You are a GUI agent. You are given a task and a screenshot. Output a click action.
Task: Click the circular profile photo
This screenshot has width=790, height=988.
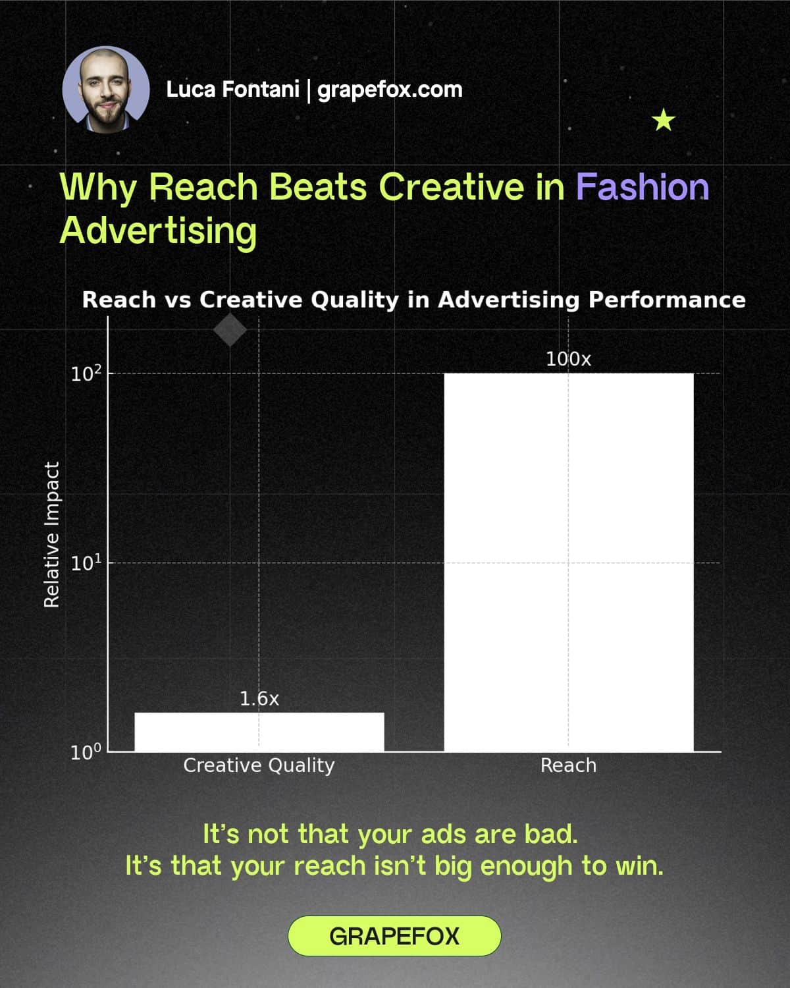click(105, 90)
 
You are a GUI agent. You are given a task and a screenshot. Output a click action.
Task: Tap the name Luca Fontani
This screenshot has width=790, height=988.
click(232, 89)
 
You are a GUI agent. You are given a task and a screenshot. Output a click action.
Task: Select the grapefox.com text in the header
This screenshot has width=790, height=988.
click(390, 89)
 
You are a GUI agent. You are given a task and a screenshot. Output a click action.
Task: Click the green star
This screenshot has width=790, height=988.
click(663, 121)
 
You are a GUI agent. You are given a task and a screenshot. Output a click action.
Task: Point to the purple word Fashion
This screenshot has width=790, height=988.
click(642, 187)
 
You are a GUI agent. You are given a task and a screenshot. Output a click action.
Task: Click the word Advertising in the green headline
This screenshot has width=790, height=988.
click(158, 231)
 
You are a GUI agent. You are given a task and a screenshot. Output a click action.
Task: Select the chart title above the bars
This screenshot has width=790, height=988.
click(413, 300)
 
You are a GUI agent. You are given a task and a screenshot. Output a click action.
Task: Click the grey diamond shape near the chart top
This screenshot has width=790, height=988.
click(230, 330)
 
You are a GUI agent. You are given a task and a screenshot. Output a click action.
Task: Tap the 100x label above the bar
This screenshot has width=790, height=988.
click(568, 359)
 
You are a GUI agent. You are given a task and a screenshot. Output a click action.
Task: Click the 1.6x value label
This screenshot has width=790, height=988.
click(259, 699)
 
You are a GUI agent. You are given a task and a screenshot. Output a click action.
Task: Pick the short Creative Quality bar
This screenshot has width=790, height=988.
click(259, 732)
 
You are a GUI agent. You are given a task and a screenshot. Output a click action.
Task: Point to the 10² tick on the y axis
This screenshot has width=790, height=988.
click(86, 373)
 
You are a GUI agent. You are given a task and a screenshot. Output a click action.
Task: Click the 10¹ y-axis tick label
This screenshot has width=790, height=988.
click(86, 563)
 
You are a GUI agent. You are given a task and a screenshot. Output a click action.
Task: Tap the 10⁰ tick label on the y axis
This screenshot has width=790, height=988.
click(86, 752)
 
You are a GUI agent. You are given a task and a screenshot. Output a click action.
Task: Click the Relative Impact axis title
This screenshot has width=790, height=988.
click(52, 534)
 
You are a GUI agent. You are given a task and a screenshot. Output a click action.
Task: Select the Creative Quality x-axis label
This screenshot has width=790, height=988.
click(259, 765)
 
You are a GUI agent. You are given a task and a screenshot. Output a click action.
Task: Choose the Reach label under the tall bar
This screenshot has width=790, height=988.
click(568, 765)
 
